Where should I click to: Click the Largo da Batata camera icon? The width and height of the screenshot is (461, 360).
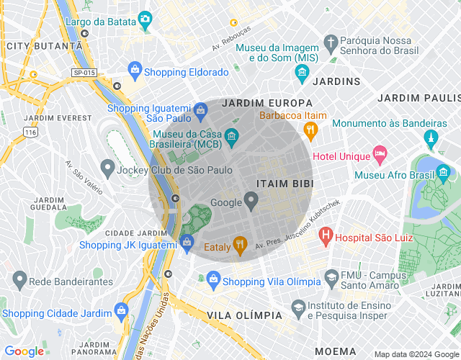(145, 19)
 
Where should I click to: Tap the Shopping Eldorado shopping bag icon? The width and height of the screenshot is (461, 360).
(134, 69)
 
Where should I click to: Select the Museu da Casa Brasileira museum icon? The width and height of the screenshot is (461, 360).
(231, 135)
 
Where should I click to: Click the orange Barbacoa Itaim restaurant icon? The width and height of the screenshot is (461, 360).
(310, 130)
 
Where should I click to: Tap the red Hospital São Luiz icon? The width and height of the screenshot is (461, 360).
(326, 235)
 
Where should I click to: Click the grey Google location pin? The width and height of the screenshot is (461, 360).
(251, 201)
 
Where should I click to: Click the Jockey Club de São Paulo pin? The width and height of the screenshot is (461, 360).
(108, 170)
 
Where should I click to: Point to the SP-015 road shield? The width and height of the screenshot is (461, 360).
(83, 72)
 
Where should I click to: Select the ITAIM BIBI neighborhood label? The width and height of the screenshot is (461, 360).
(285, 184)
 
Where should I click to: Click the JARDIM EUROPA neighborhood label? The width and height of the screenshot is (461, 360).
(267, 103)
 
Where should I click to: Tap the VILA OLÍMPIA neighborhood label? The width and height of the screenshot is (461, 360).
(244, 316)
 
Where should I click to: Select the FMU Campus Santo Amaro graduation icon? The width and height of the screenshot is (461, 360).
(331, 277)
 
